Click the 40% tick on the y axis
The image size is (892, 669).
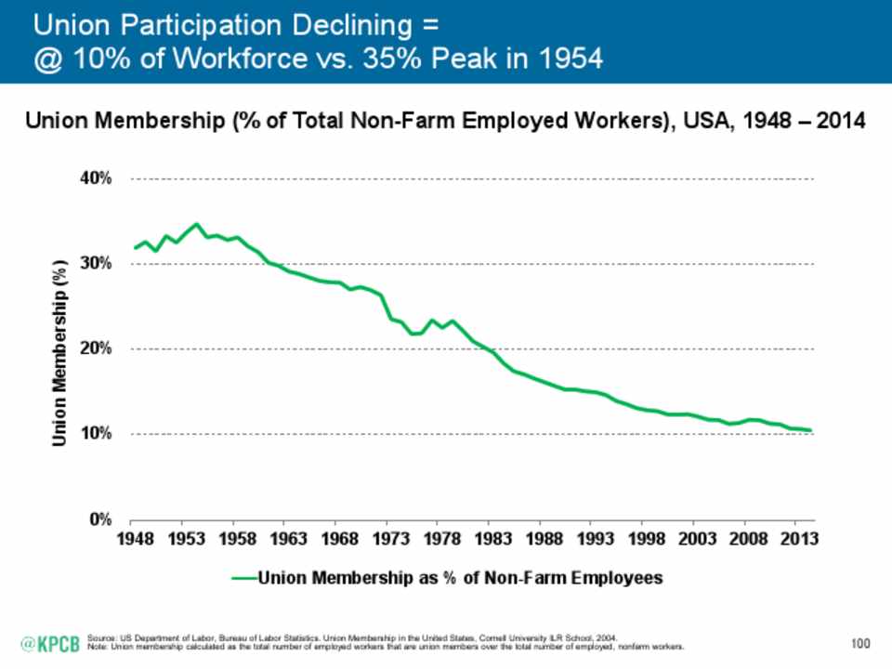98,178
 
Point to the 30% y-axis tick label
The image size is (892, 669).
98,264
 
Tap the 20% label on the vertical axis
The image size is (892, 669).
98,348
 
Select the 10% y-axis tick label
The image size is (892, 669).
98,434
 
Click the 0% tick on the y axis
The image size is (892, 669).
101,518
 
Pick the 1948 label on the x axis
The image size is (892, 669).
131,539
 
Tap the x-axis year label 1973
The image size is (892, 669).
391,539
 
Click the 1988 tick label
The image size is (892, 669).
546,539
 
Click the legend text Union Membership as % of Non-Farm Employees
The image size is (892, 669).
460,578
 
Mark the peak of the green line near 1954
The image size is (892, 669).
195,224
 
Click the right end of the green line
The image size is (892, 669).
811,430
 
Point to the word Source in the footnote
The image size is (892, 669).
98,638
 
